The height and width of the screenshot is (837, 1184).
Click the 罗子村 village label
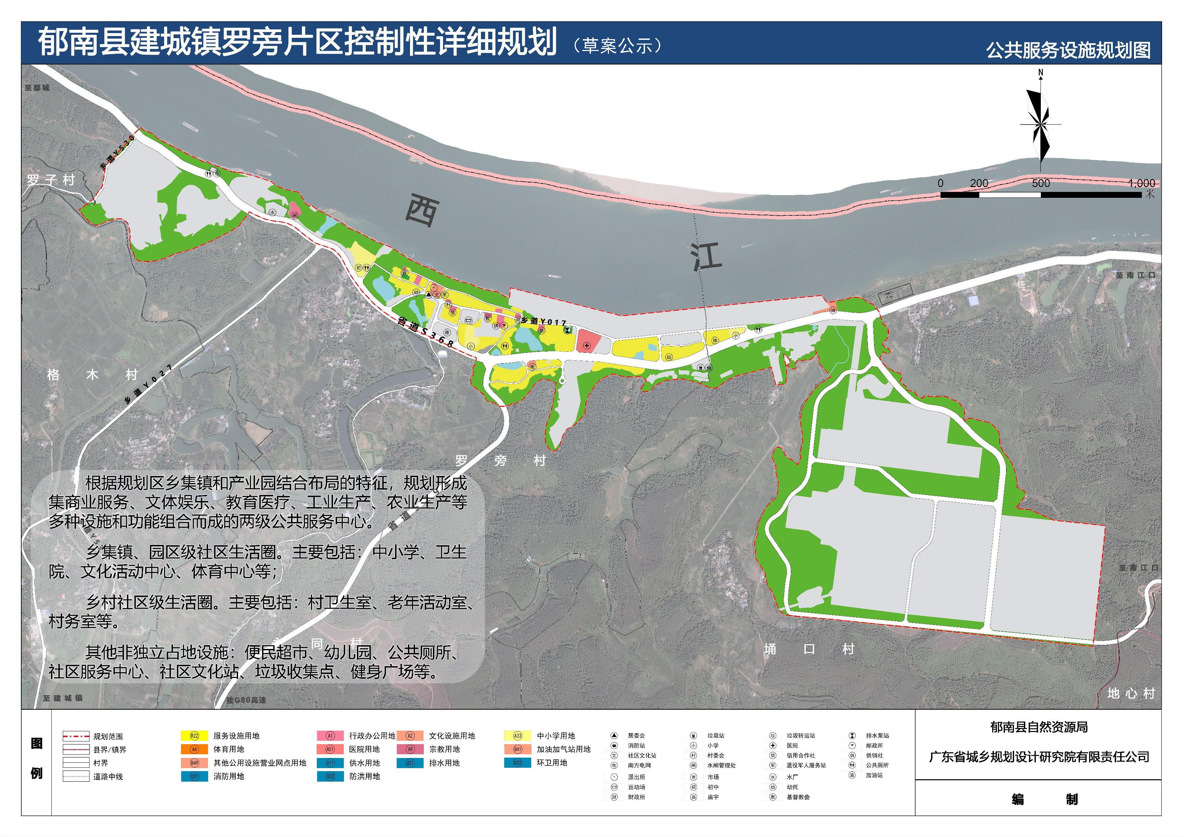(x=51, y=180)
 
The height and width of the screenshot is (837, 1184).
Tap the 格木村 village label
(x=92, y=374)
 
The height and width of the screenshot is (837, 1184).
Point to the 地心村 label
(x=1131, y=693)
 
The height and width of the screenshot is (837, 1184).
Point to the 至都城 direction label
(x=37, y=88)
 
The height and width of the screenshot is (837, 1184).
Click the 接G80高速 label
(x=246, y=700)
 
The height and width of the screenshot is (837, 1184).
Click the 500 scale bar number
(x=1040, y=183)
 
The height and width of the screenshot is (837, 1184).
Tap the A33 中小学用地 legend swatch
(x=517, y=736)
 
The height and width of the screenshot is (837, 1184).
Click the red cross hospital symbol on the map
(x=587, y=345)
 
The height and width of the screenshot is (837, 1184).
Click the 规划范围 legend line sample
(x=76, y=736)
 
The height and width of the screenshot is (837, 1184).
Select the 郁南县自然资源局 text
(x=1038, y=727)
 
